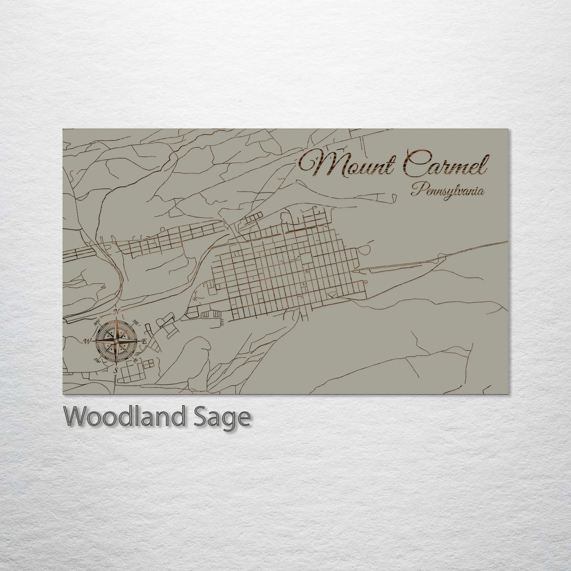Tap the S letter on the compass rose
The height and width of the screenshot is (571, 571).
click(116, 370)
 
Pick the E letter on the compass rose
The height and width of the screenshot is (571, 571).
click(144, 341)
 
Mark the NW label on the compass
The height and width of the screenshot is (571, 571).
click(96, 322)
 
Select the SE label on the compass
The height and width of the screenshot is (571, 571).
click(136, 360)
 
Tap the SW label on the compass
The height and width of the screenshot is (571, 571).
click(97, 360)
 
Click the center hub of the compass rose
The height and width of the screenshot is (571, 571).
click(116, 341)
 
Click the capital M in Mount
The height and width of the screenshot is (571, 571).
click(316, 163)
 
